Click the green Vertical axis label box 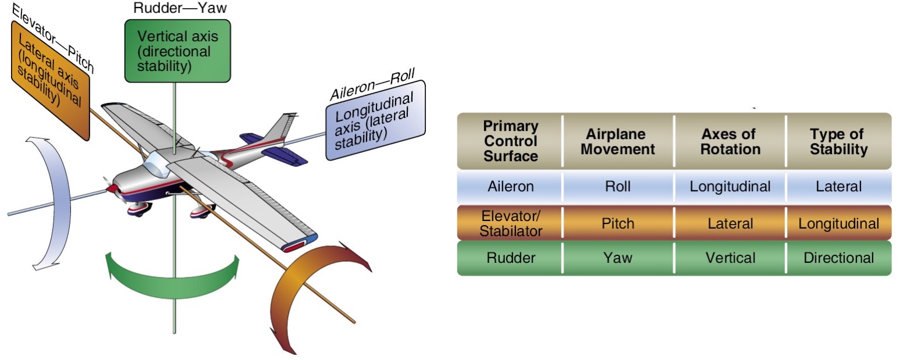coord(177,51)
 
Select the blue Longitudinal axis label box coord(375,119)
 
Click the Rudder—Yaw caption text coord(173,8)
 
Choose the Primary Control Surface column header coord(510,141)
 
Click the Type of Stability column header coord(838,141)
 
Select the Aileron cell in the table coord(510,187)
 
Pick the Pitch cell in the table coord(618,223)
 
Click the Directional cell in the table coord(838,258)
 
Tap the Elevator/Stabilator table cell coord(510,223)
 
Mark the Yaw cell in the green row coord(618,258)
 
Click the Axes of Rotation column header coord(730,141)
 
